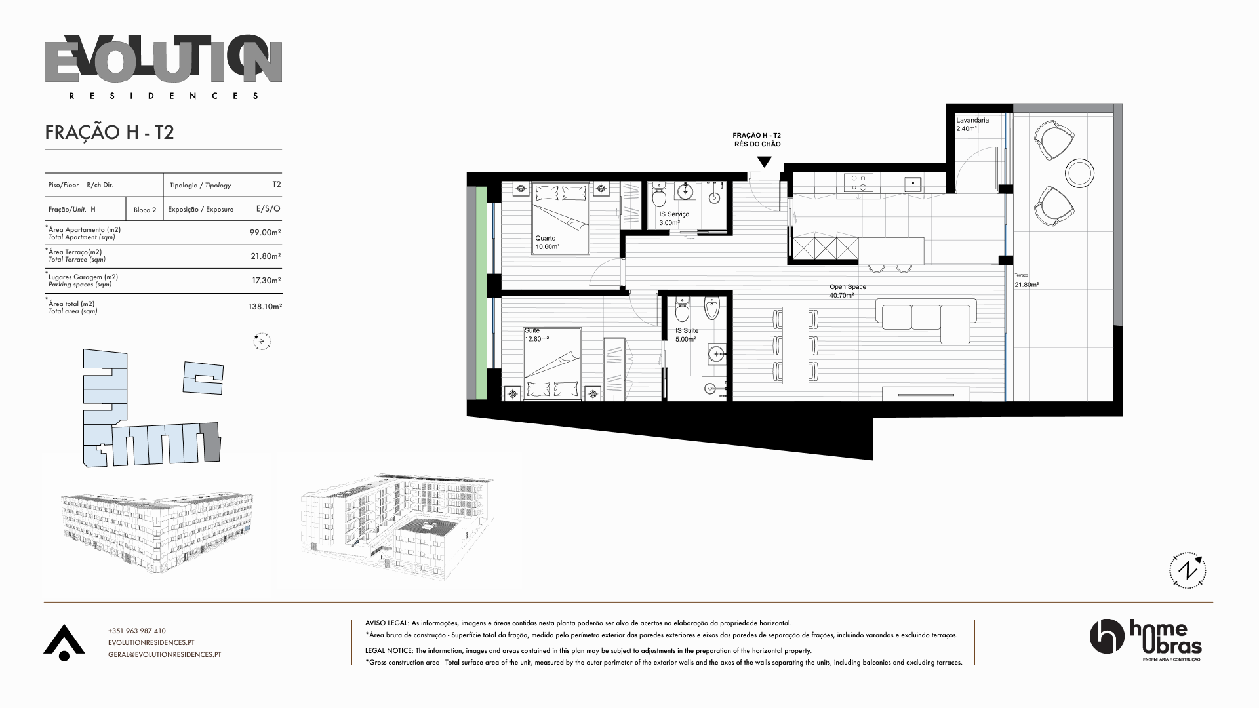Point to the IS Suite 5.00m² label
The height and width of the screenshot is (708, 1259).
pos(687,335)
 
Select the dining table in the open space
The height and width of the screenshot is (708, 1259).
pos(796,345)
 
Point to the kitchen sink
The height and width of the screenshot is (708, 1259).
pos(913,183)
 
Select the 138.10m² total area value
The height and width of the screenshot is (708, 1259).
pos(265,307)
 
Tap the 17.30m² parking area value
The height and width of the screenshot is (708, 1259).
pos(266,281)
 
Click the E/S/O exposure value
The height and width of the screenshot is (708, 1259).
pos(268,209)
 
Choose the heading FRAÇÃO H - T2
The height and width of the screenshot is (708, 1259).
pos(110,132)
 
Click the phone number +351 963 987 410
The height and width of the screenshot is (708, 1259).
pos(137,631)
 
